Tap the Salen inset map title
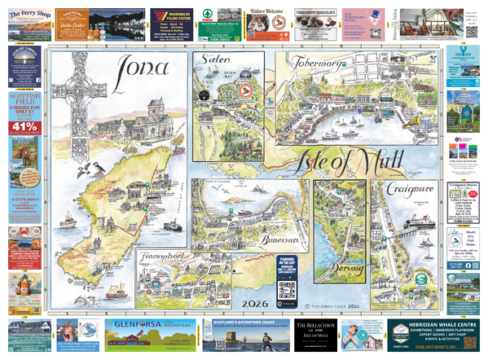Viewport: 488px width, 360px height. pyautogui.click(x=212, y=64)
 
